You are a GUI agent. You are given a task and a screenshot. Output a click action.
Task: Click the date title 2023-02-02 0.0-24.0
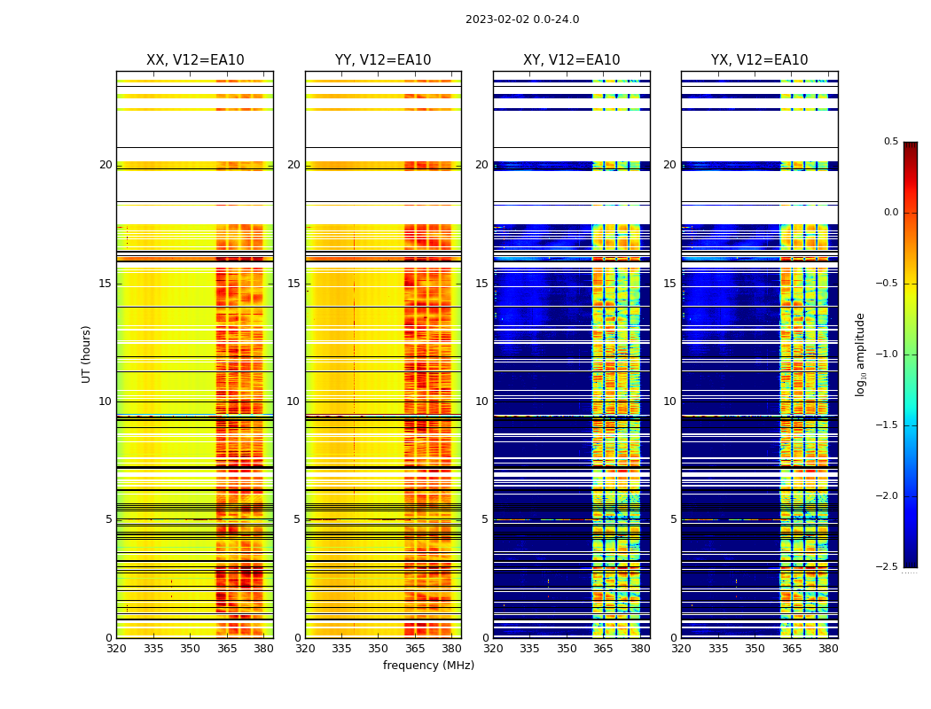522,19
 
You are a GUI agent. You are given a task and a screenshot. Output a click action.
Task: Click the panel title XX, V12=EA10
195,60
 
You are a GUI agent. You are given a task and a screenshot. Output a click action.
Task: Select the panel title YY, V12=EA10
383,60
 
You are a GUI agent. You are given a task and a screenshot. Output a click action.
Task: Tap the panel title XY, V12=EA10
571,60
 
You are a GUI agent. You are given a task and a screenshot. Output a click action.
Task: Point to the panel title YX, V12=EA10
759,60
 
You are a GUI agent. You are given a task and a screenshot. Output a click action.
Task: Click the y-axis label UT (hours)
87,354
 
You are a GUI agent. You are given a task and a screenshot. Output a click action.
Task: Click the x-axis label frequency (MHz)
428,666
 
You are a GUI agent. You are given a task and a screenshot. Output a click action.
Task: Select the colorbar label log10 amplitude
860,354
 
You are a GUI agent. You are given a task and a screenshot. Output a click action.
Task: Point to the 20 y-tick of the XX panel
106,165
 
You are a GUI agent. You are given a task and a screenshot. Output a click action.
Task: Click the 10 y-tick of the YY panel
293,401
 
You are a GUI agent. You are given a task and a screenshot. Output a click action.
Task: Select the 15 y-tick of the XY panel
481,284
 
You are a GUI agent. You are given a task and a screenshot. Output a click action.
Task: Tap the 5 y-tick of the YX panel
673,519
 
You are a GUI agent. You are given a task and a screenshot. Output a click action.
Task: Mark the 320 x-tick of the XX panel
116,649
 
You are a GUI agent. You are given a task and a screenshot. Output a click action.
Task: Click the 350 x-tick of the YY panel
379,649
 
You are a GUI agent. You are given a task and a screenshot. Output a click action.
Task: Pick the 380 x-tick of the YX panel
828,649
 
